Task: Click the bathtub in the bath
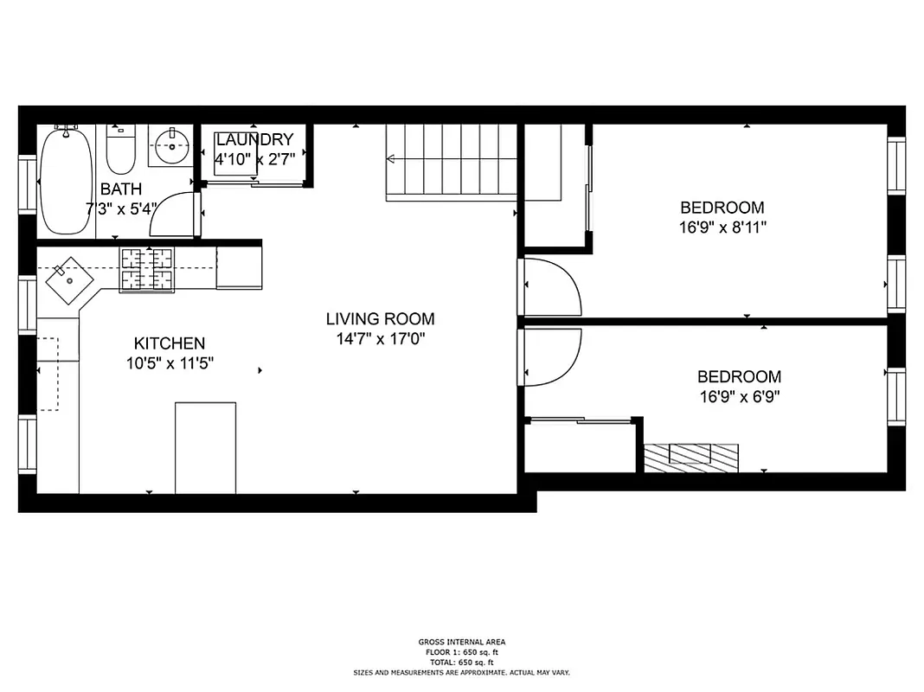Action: (65, 181)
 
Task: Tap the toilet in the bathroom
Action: (120, 151)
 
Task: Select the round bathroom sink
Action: (173, 145)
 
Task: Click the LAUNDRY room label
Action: (254, 139)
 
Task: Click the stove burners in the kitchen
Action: (146, 268)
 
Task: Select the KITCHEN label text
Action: (170, 343)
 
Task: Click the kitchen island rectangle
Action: (205, 447)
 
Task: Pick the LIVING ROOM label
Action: (380, 319)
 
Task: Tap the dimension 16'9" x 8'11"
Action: (722, 227)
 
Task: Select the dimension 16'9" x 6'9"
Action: (740, 397)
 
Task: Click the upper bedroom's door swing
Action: (554, 287)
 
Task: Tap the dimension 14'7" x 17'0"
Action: (380, 339)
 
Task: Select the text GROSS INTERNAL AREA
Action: (461, 642)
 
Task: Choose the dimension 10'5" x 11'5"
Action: (170, 363)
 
